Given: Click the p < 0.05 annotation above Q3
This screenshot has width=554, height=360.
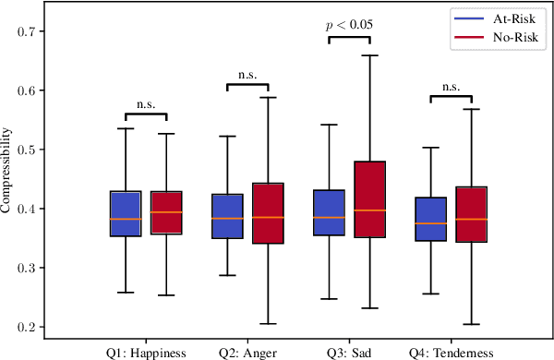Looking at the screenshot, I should [349, 25].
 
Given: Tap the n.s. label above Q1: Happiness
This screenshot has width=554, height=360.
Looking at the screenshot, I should [146, 105].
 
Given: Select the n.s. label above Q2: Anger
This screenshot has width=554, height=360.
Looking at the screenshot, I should [247, 76].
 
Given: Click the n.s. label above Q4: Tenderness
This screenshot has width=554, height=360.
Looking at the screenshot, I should [451, 87].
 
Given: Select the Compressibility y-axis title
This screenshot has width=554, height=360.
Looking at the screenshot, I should [7, 179].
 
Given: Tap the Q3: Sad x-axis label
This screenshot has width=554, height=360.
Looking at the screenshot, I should [349, 352].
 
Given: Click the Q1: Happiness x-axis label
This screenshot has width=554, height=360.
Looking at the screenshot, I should [146, 352].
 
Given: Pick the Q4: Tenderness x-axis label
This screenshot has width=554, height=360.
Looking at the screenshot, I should [451, 352].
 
